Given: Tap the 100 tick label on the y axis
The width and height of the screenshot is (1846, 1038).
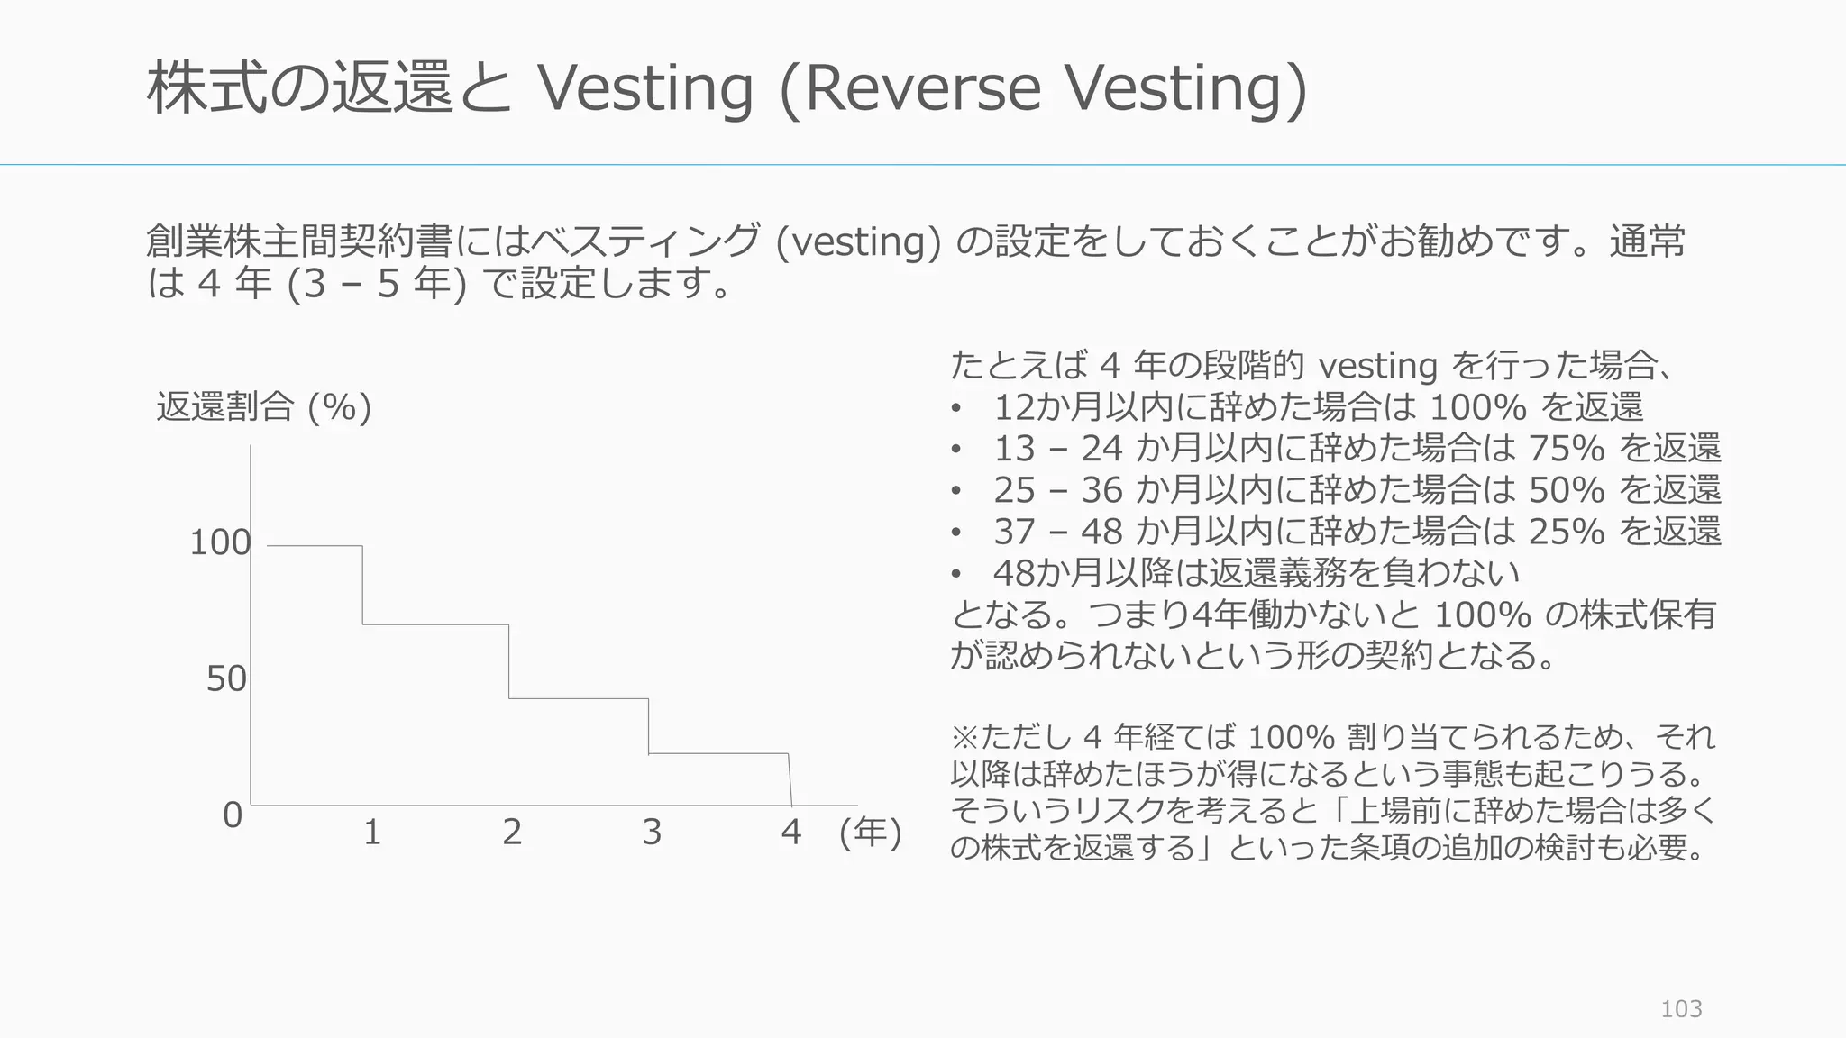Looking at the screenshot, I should [220, 542].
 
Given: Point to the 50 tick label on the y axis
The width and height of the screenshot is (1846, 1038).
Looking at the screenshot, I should [226, 678].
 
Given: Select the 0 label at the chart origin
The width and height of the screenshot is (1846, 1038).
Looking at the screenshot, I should [233, 815].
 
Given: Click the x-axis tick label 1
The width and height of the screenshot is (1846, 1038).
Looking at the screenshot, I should [372, 832].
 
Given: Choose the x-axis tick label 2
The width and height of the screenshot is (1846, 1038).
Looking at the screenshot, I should [512, 832].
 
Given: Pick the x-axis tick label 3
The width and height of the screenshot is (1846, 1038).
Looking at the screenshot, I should [652, 832].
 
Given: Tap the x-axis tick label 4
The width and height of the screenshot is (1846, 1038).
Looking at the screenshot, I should [791, 832].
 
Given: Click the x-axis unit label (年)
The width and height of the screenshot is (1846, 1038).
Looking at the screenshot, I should [870, 832].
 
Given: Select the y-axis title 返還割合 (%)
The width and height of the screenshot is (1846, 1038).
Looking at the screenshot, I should [263, 407].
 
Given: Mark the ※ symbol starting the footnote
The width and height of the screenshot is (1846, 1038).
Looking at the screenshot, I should [964, 737].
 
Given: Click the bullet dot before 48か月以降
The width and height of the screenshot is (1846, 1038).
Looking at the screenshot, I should [956, 574].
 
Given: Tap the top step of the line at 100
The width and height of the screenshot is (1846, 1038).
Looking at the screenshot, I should [315, 546].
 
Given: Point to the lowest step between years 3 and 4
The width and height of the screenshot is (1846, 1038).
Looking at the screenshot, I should [718, 753].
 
